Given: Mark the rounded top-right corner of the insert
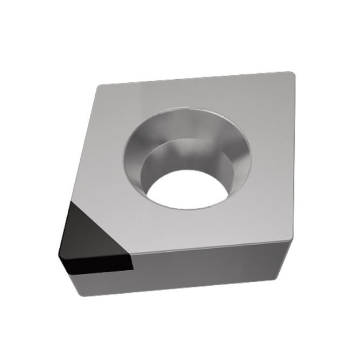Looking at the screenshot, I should point(291,74).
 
